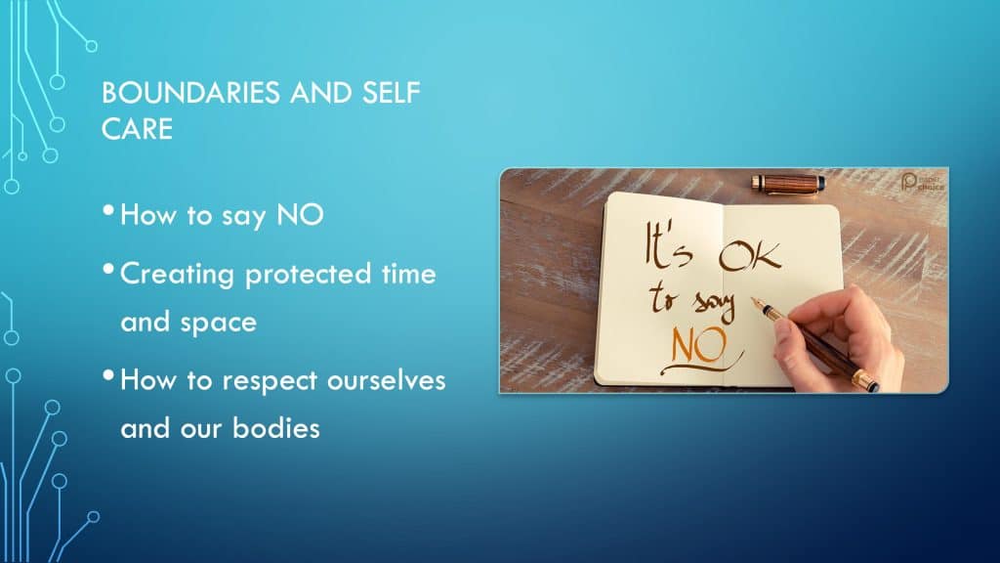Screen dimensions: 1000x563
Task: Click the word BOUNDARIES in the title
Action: [x=190, y=93]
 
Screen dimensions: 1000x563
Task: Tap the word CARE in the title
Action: [x=137, y=129]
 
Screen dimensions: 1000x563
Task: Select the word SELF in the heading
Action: [x=391, y=93]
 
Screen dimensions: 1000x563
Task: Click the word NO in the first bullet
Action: [x=300, y=215]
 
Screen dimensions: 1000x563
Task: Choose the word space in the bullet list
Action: [x=218, y=323]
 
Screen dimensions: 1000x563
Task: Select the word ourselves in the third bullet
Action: [x=386, y=380]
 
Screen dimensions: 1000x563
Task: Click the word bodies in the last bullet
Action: [x=275, y=428]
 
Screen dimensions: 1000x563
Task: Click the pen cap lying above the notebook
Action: [x=788, y=184]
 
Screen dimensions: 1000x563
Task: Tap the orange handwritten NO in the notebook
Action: [x=699, y=346]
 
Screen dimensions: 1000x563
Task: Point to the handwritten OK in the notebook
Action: [x=749, y=256]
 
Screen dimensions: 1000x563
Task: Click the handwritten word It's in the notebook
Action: [x=668, y=245]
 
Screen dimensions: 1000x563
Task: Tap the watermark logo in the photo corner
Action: [x=922, y=183]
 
